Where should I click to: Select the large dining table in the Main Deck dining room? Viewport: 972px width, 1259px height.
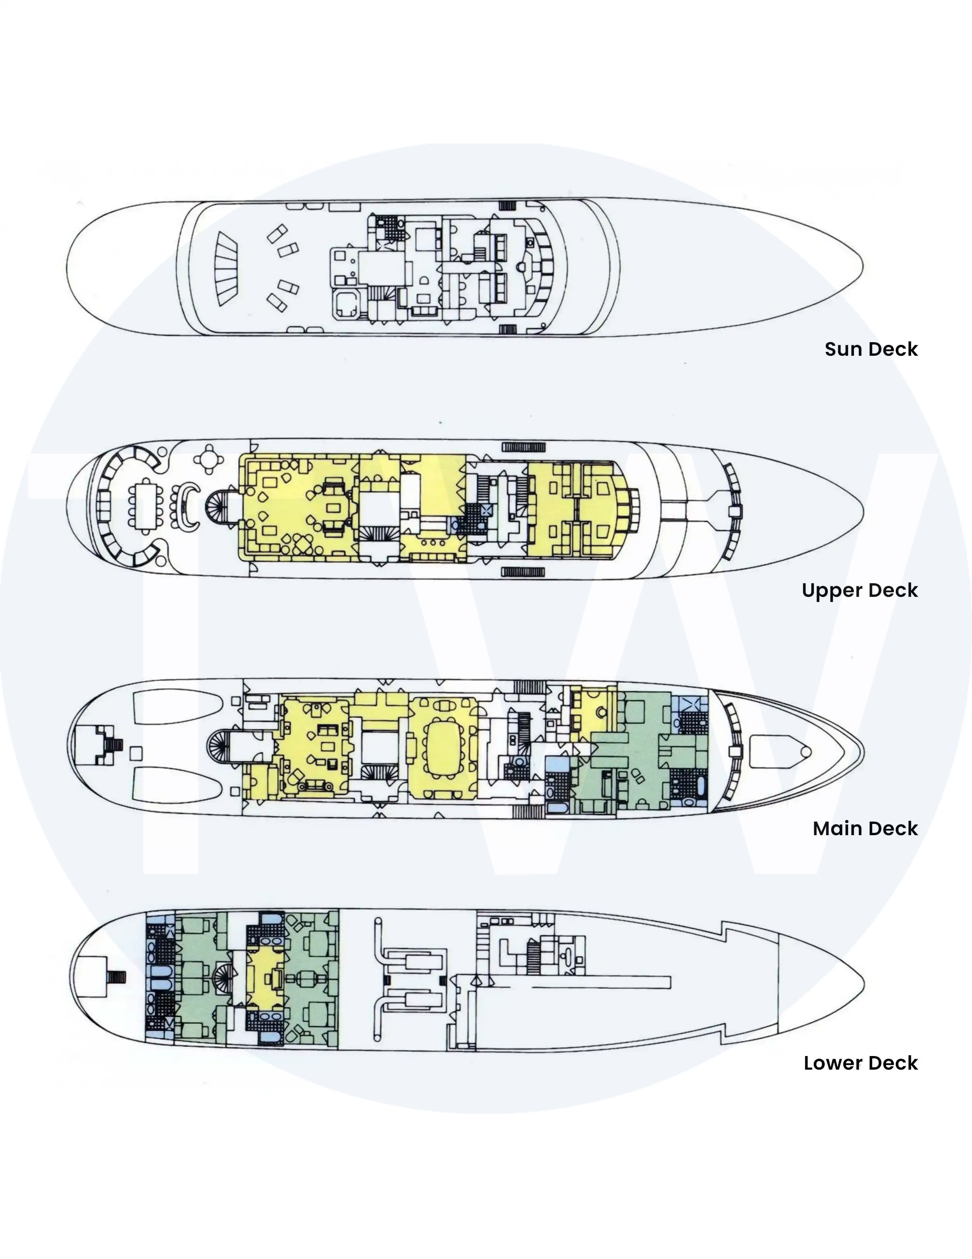pos(443,748)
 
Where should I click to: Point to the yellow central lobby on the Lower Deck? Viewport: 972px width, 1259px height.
pos(265,981)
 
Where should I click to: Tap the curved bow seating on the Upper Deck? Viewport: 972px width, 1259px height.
pos(733,511)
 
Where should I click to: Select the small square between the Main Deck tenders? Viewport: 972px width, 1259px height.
pos(136,753)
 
